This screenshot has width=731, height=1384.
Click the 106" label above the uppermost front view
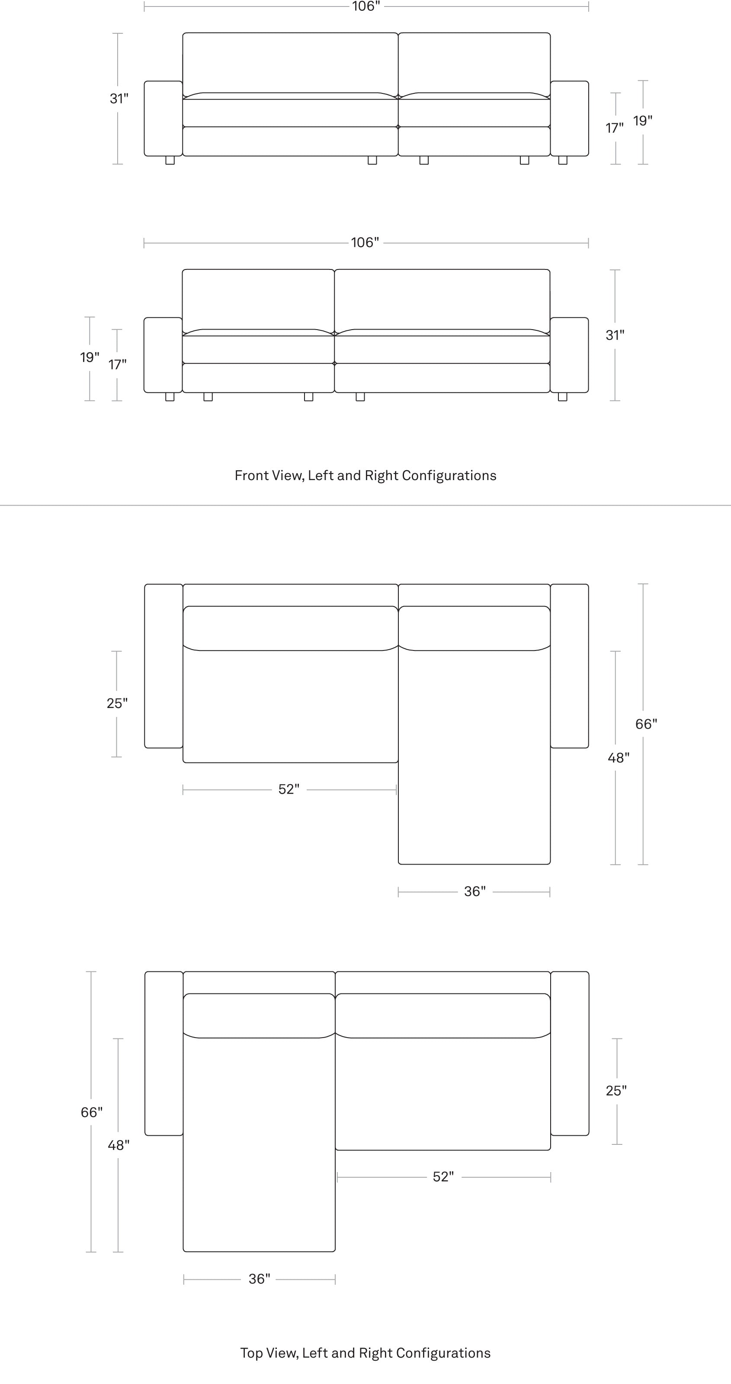[365, 6]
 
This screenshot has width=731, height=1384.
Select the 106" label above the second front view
[365, 243]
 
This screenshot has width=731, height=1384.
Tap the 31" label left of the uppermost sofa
[119, 99]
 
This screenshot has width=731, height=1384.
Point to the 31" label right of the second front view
[615, 335]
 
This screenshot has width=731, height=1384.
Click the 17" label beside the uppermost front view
[614, 128]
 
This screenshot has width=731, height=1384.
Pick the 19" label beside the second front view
[90, 357]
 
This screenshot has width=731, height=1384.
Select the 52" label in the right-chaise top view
[289, 789]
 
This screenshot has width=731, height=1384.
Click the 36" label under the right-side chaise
[475, 892]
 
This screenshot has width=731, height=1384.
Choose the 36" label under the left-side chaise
[259, 1279]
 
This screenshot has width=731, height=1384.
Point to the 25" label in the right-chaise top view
[117, 703]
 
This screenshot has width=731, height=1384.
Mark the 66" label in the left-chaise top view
[91, 1112]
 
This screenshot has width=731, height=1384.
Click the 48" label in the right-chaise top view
[619, 758]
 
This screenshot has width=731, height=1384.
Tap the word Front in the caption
[250, 475]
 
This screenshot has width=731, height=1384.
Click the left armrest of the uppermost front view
[164, 118]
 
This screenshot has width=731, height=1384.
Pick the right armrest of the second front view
[569, 355]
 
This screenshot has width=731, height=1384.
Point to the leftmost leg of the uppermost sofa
[170, 160]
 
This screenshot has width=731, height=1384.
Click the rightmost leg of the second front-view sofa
[563, 397]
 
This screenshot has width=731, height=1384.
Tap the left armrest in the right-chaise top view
[164, 666]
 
